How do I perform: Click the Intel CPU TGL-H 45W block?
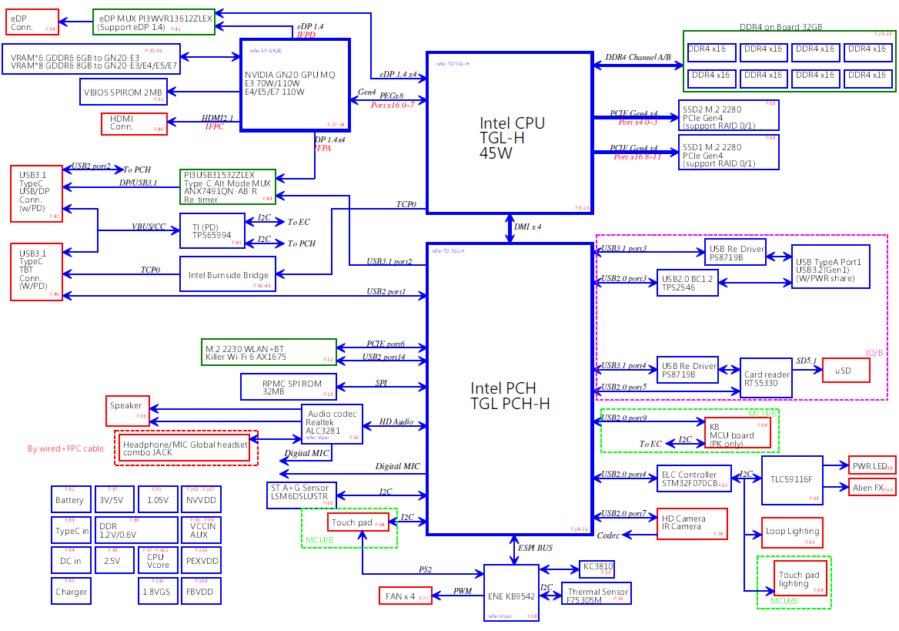510,133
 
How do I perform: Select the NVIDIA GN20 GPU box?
296,84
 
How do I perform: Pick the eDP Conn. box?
32,22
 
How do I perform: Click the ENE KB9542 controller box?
511,592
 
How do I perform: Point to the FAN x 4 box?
405,596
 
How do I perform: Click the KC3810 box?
597,569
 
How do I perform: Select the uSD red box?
846,371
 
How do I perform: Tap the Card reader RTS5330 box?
766,378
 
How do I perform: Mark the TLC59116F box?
791,479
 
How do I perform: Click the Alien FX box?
872,487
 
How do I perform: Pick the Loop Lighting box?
792,532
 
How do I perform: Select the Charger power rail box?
70,591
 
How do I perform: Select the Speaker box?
128,410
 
